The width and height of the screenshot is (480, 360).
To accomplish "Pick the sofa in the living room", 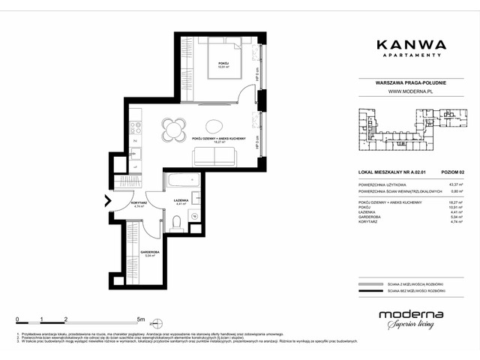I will pyautogui.click(x=215, y=155).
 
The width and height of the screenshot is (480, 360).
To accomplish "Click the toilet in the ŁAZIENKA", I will pyautogui.click(x=177, y=223).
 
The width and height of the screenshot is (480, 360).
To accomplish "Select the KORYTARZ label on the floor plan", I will pyautogui.click(x=137, y=202).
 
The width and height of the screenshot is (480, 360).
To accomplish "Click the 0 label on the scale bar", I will pyautogui.click(x=17, y=319).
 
